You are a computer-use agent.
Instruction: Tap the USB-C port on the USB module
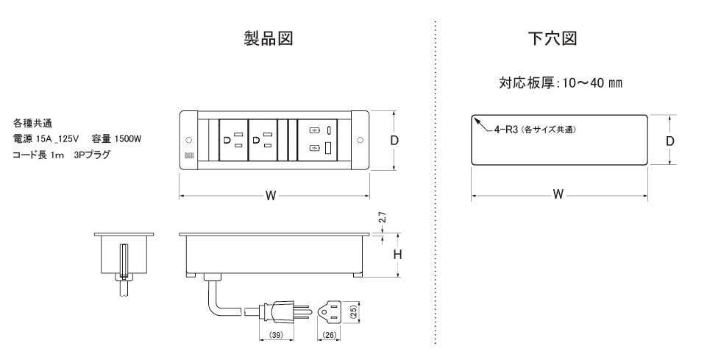(329, 131)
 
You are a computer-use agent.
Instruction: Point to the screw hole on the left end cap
(188, 140)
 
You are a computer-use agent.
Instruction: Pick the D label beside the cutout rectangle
(671, 140)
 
